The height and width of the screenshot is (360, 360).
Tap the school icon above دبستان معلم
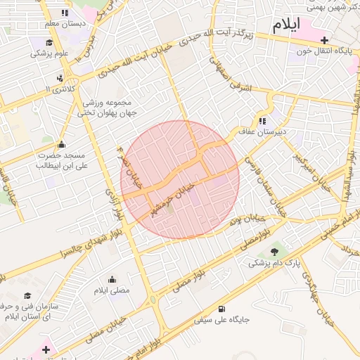[65, 13]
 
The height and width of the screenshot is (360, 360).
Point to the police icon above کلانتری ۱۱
[60, 77]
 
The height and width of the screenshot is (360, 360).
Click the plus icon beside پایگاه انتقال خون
[324, 40]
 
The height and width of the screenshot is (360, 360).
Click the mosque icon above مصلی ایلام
[112, 279]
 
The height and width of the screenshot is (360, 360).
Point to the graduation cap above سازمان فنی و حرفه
[27, 296]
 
